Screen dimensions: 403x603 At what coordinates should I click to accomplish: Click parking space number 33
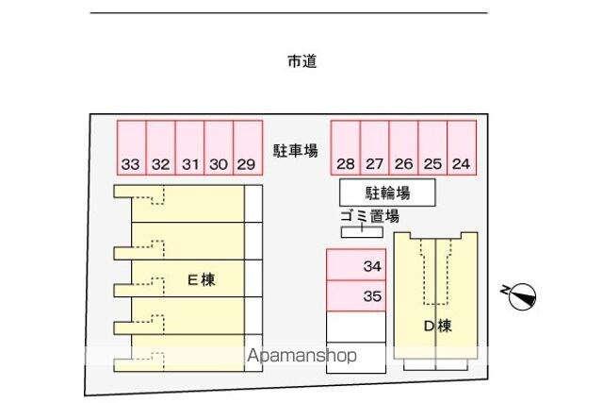(x=131, y=148)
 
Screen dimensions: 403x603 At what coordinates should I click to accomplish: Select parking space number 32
(x=160, y=148)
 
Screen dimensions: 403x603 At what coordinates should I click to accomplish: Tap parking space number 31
(x=189, y=148)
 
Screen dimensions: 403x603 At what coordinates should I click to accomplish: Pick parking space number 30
(x=219, y=148)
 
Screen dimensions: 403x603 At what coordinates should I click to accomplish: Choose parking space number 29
(x=247, y=148)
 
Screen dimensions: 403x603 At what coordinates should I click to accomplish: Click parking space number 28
(x=346, y=148)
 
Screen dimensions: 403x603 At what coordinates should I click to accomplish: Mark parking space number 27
(x=375, y=148)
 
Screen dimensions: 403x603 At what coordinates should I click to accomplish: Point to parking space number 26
(x=404, y=148)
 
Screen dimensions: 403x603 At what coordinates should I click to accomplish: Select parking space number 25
(x=432, y=148)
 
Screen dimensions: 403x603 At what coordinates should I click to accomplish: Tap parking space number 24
(x=462, y=148)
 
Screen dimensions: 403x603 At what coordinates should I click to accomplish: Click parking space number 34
(x=356, y=265)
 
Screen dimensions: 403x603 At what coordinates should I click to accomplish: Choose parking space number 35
(x=356, y=295)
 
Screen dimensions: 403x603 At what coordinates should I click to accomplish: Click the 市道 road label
(x=301, y=62)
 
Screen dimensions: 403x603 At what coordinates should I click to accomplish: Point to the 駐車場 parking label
(x=296, y=150)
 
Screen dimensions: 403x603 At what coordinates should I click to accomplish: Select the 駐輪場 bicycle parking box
(x=387, y=193)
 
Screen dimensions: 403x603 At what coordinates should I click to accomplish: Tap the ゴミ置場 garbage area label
(x=363, y=216)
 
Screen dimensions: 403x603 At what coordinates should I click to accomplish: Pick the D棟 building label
(x=437, y=327)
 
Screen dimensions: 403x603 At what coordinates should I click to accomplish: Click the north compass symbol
(x=522, y=296)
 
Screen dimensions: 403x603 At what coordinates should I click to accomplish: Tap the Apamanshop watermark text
(x=301, y=357)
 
